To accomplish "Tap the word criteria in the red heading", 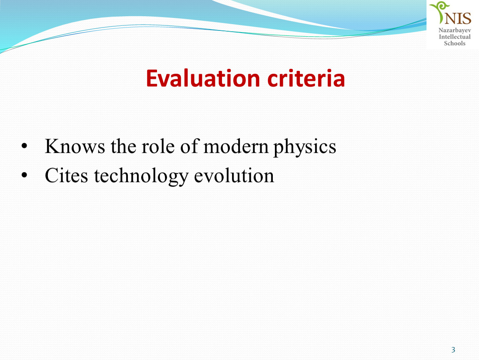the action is point(306,78).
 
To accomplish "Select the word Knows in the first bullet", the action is point(75,146).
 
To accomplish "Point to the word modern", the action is point(236,146).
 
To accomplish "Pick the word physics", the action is point(304,147).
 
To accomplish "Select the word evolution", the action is point(234,175).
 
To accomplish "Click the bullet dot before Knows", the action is point(25,146).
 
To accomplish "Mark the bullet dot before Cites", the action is point(25,175).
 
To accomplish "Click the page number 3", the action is point(453,350).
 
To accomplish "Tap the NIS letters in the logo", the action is point(458,18).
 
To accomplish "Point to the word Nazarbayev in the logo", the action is point(455,30).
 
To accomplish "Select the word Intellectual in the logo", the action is point(455,37).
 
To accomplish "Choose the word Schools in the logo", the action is point(455,43).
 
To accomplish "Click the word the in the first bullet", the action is point(123,146).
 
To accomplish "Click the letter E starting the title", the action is point(152,78).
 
